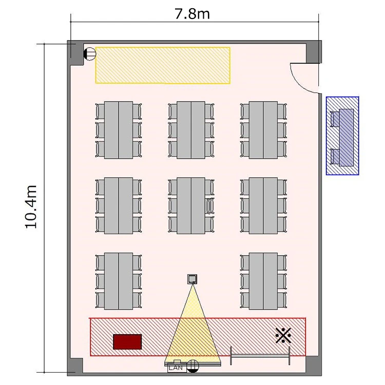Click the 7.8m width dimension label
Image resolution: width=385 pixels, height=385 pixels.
(192, 14)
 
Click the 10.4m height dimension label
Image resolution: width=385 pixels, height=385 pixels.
(31, 207)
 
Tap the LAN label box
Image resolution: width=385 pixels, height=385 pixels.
(176, 368)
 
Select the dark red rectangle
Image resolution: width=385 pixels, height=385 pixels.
(127, 341)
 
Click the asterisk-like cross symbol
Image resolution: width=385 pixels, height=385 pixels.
(283, 335)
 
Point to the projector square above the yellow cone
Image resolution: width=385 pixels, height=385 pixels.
(192, 279)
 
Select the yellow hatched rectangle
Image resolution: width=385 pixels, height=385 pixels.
(163, 65)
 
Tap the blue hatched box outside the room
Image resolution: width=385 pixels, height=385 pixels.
(342, 136)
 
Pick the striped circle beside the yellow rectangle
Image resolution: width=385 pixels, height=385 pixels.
(90, 54)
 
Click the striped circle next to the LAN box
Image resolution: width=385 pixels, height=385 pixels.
(192, 366)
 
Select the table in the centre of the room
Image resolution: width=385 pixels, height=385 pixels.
(191, 205)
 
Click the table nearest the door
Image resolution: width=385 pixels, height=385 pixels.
(263, 130)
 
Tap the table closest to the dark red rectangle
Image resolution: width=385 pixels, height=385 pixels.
(119, 281)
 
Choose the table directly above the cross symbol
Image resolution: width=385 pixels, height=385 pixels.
(263, 281)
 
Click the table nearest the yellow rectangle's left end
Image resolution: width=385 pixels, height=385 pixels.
(119, 130)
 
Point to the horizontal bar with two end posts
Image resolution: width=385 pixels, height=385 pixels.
(260, 356)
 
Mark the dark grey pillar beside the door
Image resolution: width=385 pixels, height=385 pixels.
(314, 52)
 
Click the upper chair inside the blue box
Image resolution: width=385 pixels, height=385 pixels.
(334, 119)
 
